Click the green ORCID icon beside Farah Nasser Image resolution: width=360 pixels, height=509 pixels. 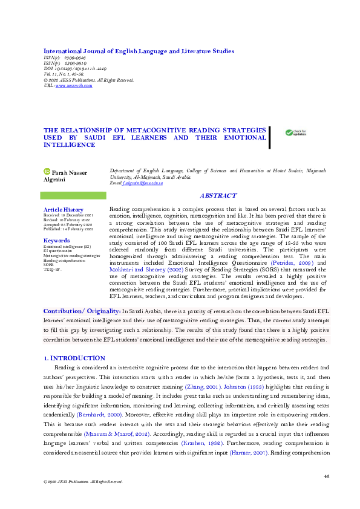click(x=47, y=172)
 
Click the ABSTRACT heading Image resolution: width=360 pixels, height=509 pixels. click(x=217, y=196)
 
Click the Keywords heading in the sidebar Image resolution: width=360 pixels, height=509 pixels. click(x=56, y=241)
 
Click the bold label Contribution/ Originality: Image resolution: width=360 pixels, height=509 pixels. click(x=82, y=310)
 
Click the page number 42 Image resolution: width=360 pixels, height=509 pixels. click(x=326, y=476)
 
